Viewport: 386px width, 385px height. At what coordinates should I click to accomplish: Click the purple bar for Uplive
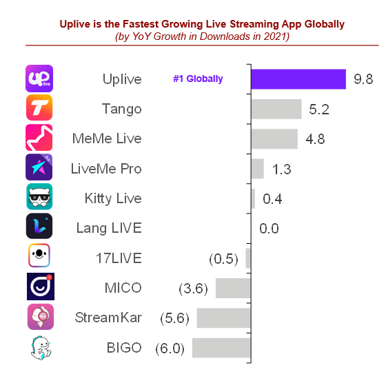(298, 79)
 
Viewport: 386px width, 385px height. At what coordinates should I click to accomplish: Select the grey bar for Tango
(276, 109)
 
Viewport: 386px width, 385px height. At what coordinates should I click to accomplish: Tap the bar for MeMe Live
(274, 138)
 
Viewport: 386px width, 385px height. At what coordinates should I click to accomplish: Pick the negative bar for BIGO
(221, 348)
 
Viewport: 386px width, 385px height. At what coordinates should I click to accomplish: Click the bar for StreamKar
(223, 318)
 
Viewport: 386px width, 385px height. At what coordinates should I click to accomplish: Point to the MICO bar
(233, 288)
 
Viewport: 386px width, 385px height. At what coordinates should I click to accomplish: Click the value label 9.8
(363, 79)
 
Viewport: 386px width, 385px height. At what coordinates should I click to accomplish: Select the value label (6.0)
(170, 348)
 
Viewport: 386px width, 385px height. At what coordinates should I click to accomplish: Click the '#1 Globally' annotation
(198, 79)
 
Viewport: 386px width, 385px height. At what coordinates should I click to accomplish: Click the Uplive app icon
(39, 79)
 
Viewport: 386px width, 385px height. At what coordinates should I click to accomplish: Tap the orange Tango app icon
(39, 108)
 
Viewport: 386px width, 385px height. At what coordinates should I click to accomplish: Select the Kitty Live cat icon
(39, 197)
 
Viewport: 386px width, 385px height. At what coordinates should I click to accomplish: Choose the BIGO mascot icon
(39, 348)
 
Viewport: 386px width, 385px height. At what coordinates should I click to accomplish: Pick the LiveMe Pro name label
(106, 168)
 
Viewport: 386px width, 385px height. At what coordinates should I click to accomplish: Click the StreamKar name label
(108, 318)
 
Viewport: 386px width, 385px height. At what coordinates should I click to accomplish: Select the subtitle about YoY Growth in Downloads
(202, 37)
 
